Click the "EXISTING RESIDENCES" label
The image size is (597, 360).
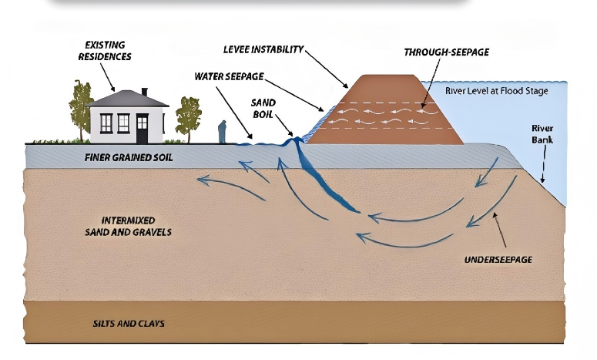pyautogui.click(x=108, y=51)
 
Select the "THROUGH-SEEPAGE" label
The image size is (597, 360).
pyautogui.click(x=446, y=52)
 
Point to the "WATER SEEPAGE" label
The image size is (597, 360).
pyautogui.click(x=230, y=77)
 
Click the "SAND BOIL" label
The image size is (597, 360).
pyautogui.click(x=263, y=109)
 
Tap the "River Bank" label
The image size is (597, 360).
pyautogui.click(x=542, y=134)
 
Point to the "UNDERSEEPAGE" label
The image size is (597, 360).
pyautogui.click(x=498, y=260)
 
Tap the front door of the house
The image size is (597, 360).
pyautogui.click(x=142, y=128)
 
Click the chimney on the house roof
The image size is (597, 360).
pyautogui.click(x=144, y=93)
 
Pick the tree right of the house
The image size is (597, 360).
pyautogui.click(x=188, y=116)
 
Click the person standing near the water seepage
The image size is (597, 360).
pyautogui.click(x=223, y=132)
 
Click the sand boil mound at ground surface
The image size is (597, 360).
pyautogui.click(x=293, y=140)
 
